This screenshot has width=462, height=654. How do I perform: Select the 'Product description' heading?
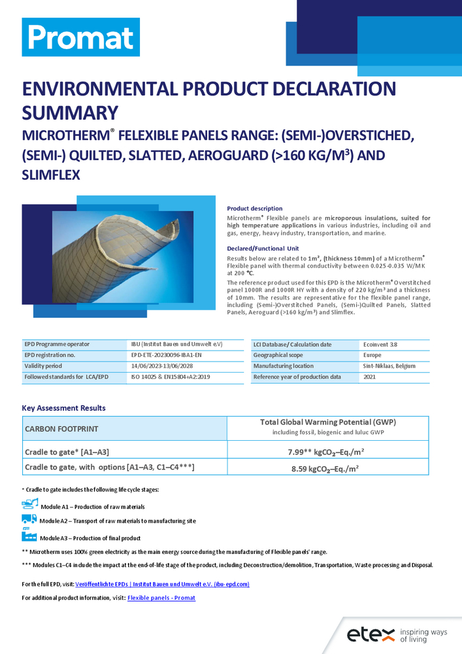tap(255, 208)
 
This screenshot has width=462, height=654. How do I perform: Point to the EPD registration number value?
tap(167, 355)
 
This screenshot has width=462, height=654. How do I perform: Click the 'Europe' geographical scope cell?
tap(373, 355)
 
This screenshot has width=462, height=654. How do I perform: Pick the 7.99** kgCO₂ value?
tap(327, 451)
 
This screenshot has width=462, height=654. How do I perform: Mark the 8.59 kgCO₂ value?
tap(327, 468)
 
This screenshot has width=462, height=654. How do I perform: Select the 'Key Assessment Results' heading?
tap(63, 407)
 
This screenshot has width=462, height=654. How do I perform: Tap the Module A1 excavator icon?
tap(30, 504)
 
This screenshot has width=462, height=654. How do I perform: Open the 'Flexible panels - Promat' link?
tap(161, 598)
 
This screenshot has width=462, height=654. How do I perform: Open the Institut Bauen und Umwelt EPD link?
tap(162, 584)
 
